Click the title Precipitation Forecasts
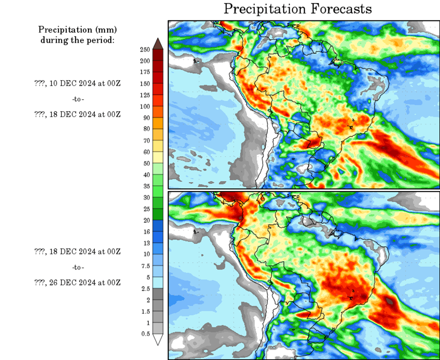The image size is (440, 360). (x=297, y=9)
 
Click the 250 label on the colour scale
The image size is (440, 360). (x=145, y=49)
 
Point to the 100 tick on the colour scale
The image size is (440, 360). (x=145, y=106)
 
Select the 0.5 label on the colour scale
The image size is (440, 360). (x=145, y=333)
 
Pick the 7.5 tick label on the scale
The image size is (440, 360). (x=145, y=266)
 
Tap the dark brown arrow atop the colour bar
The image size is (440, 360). (x=157, y=44)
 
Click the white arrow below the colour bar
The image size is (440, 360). (x=157, y=340)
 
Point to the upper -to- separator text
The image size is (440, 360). (x=78, y=98)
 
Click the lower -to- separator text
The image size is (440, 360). (x=78, y=267)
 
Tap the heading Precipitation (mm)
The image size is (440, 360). (x=77, y=30)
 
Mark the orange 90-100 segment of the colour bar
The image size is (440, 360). (x=157, y=112)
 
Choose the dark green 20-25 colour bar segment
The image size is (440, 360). (x=157, y=214)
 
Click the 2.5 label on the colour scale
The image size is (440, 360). (x=145, y=288)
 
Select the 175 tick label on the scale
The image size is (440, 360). (x=145, y=72)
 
